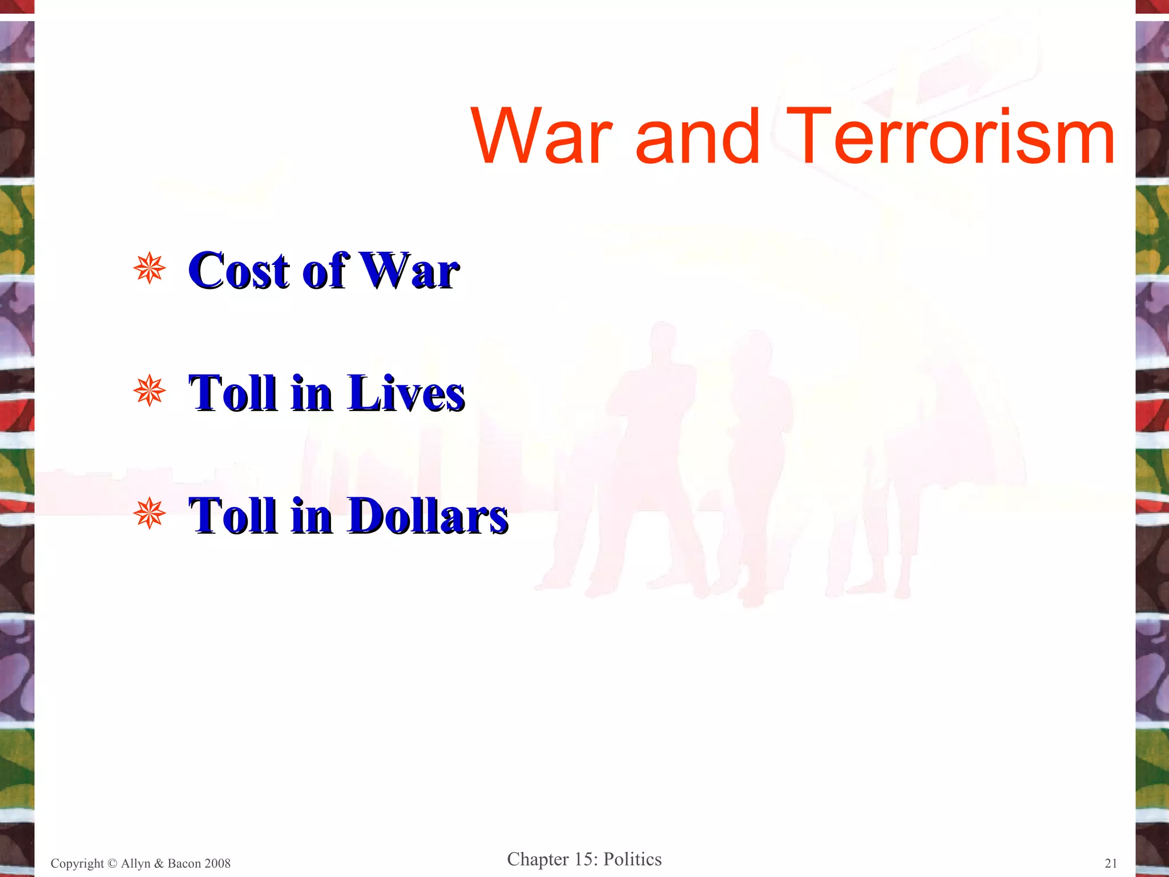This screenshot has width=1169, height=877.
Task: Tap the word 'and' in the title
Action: pos(698,138)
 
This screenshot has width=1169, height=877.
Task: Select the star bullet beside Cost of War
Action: pos(150,268)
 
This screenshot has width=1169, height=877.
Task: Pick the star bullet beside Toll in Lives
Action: pos(150,391)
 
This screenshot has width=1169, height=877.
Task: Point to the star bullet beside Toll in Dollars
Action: pos(150,513)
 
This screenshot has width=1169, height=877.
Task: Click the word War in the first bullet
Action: pos(410,271)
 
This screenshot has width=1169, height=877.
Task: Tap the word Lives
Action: pos(406,393)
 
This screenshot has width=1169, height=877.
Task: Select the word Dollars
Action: pos(428,516)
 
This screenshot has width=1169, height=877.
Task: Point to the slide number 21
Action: pos(1111,863)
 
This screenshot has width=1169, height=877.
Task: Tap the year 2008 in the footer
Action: pos(217,863)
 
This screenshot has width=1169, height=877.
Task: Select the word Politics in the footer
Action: pos(632,859)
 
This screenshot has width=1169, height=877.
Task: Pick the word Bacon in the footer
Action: pos(184,863)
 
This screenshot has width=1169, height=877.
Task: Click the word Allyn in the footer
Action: pos(135,863)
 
